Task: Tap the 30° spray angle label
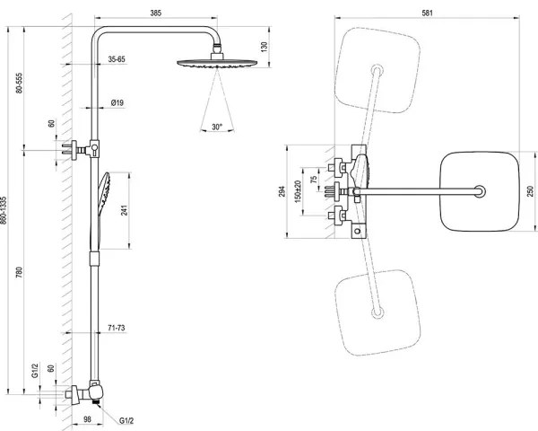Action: [x=216, y=128]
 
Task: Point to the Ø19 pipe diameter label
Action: [x=117, y=104]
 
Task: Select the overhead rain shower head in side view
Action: [x=214, y=62]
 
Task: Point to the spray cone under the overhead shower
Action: [x=216, y=94]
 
